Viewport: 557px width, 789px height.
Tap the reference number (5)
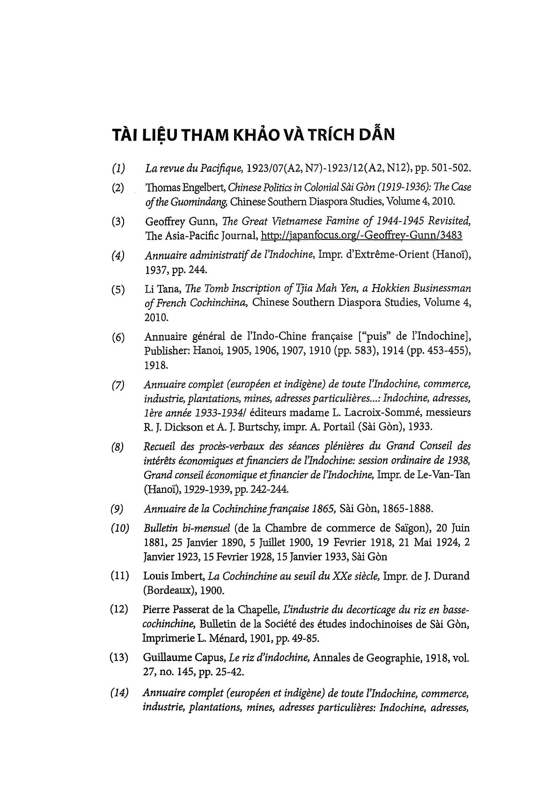coord(117,290)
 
